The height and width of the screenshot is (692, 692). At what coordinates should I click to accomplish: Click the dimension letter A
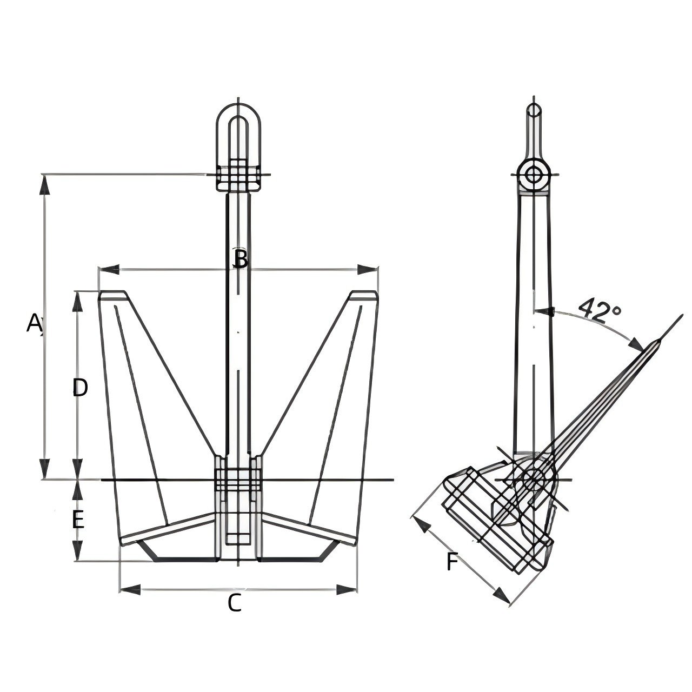tap(34, 323)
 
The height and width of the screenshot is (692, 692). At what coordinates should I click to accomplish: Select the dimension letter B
tap(240, 259)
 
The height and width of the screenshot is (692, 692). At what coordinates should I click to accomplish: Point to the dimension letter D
tap(80, 388)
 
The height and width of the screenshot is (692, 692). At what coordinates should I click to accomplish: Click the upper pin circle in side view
tap(534, 175)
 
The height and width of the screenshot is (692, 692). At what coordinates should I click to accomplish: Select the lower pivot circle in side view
tap(533, 480)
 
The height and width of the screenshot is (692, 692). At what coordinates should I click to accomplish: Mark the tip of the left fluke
tap(113, 295)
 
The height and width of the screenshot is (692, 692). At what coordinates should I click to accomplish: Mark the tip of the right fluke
tap(364, 295)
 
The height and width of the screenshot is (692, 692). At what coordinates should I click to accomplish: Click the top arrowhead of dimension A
tap(45, 184)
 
